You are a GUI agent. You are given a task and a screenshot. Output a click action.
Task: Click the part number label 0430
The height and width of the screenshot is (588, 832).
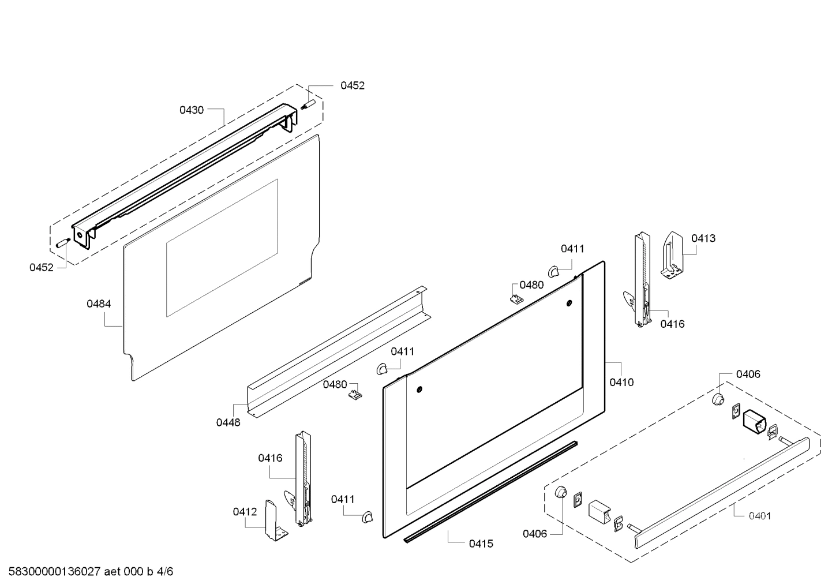[x=191, y=110]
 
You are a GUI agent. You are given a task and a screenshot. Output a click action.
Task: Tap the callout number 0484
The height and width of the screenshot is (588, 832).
[x=99, y=304]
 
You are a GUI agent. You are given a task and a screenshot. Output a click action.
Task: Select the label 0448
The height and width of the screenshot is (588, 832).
[x=228, y=422]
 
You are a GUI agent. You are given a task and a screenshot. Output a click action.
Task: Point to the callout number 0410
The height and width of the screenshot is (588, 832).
[x=621, y=382]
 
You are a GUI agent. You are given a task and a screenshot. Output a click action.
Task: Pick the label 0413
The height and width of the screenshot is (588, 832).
[x=703, y=238]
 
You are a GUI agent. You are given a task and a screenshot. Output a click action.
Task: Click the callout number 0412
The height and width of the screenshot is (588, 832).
[x=245, y=511]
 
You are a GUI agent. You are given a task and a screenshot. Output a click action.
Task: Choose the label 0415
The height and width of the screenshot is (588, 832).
[x=481, y=544]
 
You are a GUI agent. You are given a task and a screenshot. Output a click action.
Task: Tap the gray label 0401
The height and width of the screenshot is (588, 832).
[x=759, y=516]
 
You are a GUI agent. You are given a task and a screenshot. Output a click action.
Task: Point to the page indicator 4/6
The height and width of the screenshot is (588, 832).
[x=165, y=572]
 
